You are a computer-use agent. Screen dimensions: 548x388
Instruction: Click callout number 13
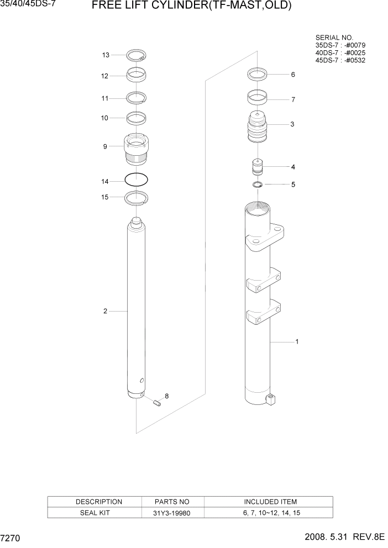(x=105, y=55)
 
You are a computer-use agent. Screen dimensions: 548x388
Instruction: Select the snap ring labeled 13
(x=136, y=55)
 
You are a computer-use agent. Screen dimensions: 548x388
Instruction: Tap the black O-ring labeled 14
(x=136, y=180)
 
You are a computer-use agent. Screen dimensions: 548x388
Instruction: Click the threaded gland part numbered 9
(x=136, y=149)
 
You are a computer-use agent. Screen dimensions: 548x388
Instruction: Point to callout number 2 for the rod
(x=105, y=311)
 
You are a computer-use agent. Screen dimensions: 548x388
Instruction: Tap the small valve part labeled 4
(x=258, y=166)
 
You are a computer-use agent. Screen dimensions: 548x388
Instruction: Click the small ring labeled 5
(x=258, y=185)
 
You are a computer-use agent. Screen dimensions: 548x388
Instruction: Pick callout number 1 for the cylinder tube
(x=297, y=342)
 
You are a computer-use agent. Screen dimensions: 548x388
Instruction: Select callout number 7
(x=293, y=100)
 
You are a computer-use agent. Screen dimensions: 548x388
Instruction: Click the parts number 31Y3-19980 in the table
(x=173, y=513)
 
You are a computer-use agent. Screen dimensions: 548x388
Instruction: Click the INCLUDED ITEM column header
(x=270, y=502)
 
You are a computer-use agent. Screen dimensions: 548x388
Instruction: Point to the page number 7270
(x=12, y=537)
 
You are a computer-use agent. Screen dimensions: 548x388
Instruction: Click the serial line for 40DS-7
(x=340, y=52)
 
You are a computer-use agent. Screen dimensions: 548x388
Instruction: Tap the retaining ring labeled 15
(x=137, y=197)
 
